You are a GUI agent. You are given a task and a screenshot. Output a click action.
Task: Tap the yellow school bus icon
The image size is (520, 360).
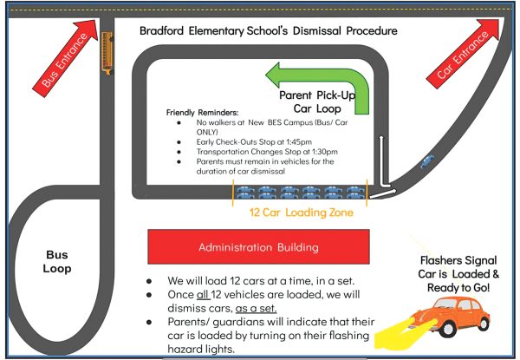[x=107, y=54]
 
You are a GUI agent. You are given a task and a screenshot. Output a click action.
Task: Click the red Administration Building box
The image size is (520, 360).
[x=258, y=247]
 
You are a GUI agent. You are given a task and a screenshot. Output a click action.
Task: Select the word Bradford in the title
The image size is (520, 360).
[x=169, y=31]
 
